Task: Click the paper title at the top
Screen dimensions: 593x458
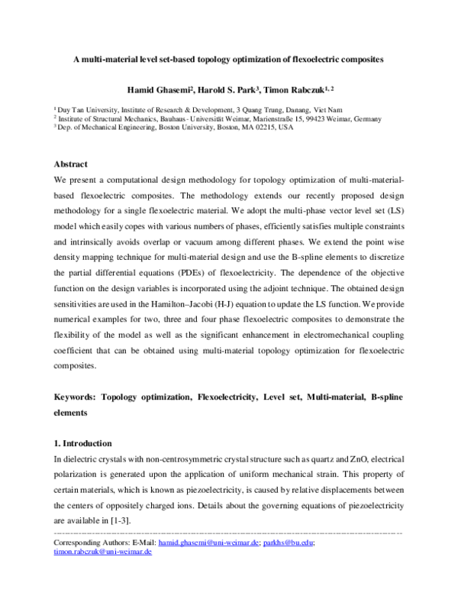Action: (x=228, y=59)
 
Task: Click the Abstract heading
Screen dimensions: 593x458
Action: (x=70, y=164)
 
